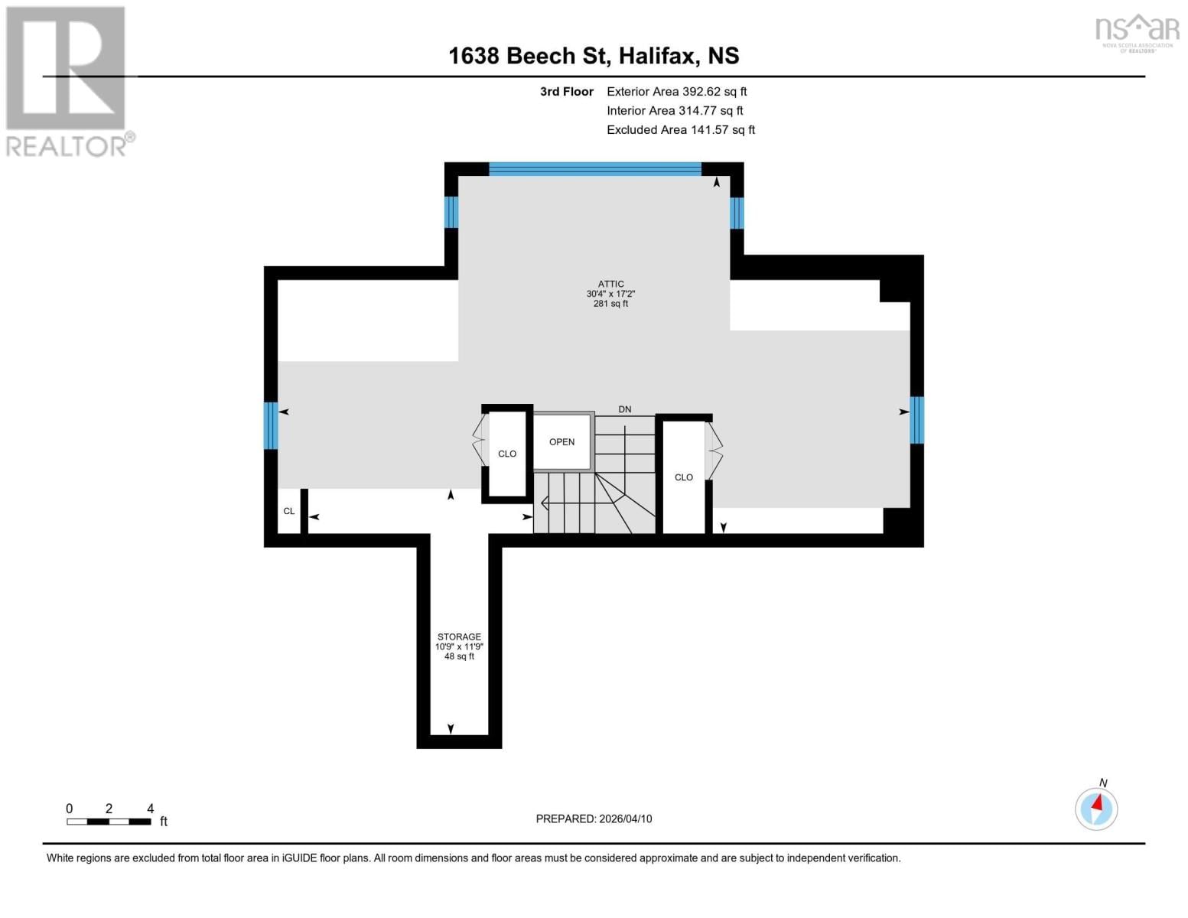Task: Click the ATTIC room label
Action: point(610,284)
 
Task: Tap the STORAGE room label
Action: point(459,636)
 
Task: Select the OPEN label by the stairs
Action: point(561,442)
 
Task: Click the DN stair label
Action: point(625,409)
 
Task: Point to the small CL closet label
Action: point(288,511)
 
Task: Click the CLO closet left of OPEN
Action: point(506,454)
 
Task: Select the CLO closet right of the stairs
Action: point(683,477)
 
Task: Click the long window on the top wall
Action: point(594,169)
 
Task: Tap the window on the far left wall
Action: point(270,425)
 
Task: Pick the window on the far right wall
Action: point(916,419)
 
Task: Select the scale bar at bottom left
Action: point(109,822)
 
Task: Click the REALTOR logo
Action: point(67,80)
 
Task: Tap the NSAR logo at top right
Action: point(1138,31)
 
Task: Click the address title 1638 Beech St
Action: point(594,56)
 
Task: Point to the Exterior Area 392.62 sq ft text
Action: point(676,91)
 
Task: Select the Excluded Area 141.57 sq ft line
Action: point(680,130)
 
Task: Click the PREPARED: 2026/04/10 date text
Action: point(594,819)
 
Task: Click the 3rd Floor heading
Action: point(566,91)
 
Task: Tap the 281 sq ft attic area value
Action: point(610,304)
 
